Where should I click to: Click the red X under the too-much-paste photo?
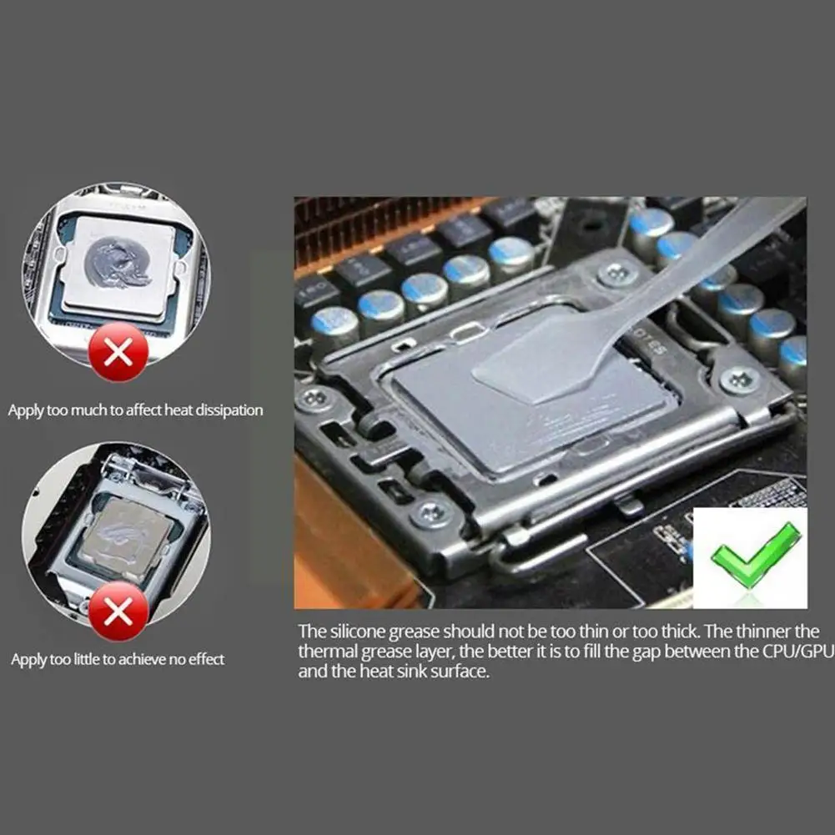(x=118, y=352)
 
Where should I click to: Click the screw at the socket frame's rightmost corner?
(x=739, y=380)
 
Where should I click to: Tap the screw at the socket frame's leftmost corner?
(x=315, y=399)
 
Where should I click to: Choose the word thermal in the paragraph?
(x=326, y=651)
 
